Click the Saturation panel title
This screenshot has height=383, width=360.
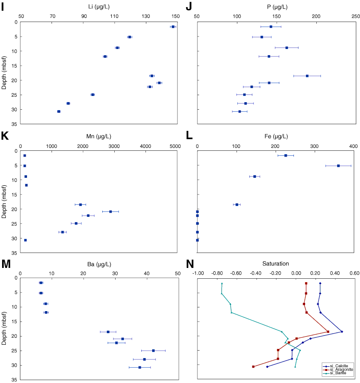coord(276,264)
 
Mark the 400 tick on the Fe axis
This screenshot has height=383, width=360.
coord(353,146)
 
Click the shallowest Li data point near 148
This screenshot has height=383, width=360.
coord(173,27)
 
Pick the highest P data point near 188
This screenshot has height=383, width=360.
coord(307,76)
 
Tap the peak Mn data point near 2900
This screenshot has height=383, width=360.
coord(111,211)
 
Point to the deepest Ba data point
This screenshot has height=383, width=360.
coord(140,367)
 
